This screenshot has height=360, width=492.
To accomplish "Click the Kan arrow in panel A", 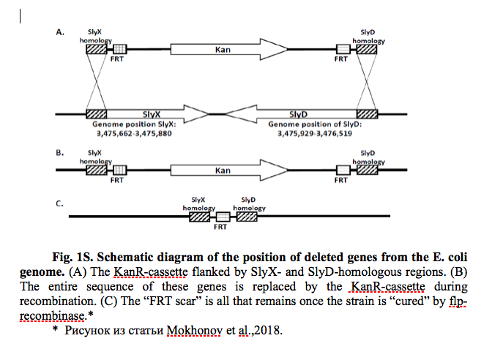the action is coord(229,49).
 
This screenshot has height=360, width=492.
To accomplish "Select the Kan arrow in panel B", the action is coord(229,170).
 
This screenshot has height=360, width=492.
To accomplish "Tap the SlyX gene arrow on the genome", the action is coord(157,114).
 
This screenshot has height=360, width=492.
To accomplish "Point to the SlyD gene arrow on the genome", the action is coord(291,114).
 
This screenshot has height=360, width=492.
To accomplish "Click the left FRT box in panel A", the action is coord(119,49).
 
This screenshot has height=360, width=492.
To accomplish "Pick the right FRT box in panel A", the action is coord(343,49).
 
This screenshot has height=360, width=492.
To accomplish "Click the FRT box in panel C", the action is coord(223,217).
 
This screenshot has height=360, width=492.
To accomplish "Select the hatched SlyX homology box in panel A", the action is coord(97,49).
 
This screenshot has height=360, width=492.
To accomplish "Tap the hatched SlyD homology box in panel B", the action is coord(367,170).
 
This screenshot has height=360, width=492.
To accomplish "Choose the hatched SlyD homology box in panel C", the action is coord(247,217).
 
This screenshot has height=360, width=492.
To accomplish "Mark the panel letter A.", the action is coord(60,32).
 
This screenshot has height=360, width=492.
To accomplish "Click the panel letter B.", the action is coord(60,153).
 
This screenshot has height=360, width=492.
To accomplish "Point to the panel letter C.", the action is coord(59,204).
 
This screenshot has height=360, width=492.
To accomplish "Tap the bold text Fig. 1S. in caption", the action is coord(72,257).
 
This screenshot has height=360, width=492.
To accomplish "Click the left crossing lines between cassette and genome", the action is coord(97,81).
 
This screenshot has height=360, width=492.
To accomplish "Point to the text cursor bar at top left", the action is coord(20,16).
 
